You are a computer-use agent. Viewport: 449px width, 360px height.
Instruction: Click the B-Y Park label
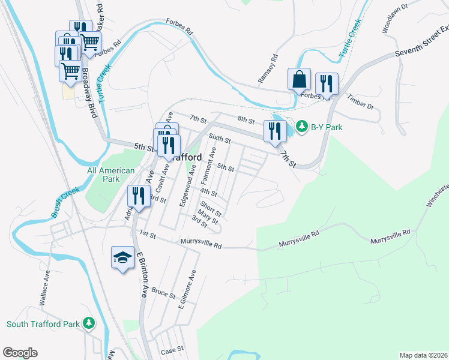click(x=327, y=127)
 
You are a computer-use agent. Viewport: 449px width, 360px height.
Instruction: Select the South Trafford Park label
click(x=43, y=324)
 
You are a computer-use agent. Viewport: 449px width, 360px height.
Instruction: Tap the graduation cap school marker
click(x=123, y=257)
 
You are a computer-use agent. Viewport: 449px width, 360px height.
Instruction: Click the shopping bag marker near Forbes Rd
click(x=299, y=79)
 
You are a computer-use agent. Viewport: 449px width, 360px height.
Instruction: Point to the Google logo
click(x=20, y=353)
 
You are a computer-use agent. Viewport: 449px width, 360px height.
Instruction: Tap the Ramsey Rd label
click(x=274, y=68)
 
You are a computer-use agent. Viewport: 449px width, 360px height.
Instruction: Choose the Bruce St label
click(x=163, y=295)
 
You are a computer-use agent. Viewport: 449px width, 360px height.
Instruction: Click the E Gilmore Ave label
click(x=187, y=290)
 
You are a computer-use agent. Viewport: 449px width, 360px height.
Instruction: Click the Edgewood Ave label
click(x=187, y=187)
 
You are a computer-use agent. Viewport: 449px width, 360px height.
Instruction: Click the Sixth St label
click(x=220, y=139)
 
